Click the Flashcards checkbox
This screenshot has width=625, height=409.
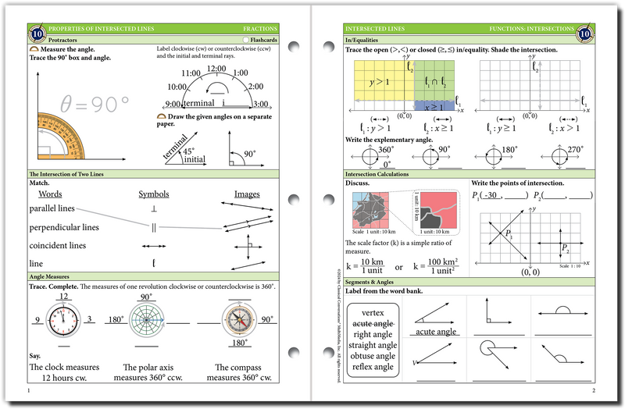click(246, 39)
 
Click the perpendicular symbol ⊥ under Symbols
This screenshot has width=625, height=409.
click(154, 209)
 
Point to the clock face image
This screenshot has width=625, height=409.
click(64, 319)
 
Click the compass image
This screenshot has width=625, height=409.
click(235, 319)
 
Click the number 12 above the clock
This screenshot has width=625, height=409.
click(64, 297)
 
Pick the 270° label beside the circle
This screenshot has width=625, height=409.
click(576, 149)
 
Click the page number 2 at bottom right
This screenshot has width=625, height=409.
click(594, 389)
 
